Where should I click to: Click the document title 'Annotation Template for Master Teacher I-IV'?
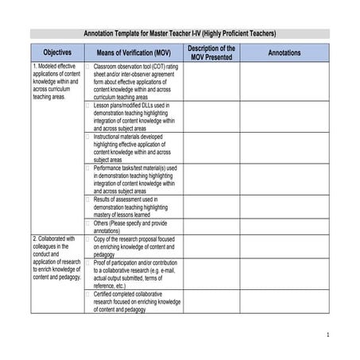pos(180,34)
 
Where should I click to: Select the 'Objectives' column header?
pos(56,52)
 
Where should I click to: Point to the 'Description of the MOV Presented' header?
pos(211,52)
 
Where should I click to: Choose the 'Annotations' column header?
pos(285,52)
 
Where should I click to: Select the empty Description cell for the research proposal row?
pos(211,246)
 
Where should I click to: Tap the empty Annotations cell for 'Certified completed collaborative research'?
pos(285,301)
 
